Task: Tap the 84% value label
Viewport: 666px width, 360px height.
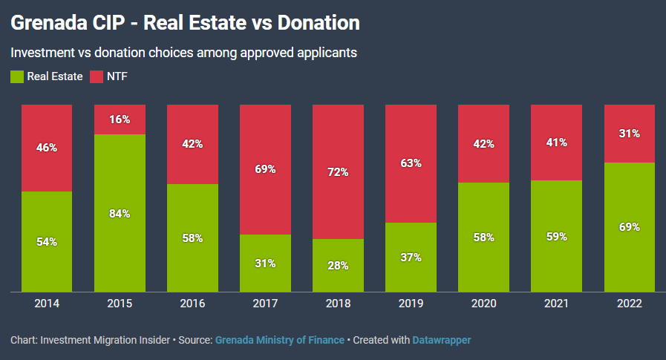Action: click(120, 214)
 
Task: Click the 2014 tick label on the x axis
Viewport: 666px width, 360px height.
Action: click(47, 304)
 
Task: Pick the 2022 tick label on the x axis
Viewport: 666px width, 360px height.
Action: click(629, 304)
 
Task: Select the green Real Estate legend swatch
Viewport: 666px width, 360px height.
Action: click(16, 76)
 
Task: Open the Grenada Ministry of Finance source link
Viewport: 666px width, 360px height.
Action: click(280, 340)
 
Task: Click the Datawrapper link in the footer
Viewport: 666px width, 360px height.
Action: click(441, 340)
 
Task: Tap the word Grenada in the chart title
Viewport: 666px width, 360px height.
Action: click(46, 23)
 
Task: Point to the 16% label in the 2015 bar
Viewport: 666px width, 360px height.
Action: click(120, 120)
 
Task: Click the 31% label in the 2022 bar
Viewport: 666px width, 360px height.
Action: click(629, 134)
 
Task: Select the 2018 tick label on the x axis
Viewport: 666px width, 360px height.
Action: click(338, 304)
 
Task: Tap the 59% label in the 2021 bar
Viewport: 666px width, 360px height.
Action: click(556, 237)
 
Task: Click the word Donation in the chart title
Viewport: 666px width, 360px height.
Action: click(319, 23)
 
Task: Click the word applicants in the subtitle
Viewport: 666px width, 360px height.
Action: click(330, 53)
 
